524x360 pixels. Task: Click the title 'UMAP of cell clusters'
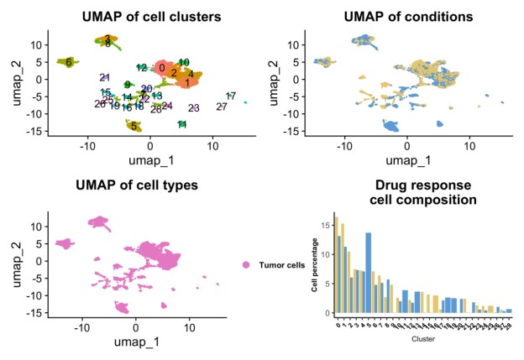pos(152,16)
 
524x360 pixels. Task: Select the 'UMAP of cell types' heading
pos(136,185)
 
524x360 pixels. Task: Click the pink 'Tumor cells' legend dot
pos(246,265)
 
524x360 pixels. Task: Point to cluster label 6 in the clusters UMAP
pos(69,61)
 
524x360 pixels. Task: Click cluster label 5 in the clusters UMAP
pos(134,126)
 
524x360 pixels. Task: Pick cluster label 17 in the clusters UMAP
pos(231,96)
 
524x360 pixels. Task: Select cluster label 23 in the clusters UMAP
pos(194,108)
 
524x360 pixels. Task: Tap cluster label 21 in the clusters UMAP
pos(104,77)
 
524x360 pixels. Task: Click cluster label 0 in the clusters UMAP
pos(161,68)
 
